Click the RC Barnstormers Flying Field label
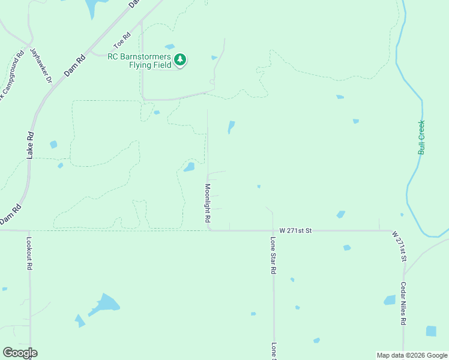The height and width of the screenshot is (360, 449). point(139,61)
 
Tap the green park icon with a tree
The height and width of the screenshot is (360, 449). point(180,59)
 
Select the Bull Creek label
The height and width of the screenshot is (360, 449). point(421,137)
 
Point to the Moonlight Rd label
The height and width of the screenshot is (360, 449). point(206,201)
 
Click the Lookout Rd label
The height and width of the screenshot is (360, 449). point(29,253)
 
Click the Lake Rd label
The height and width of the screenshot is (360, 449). point(30,145)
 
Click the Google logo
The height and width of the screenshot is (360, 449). point(20,352)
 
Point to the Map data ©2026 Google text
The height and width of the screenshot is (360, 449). point(411,355)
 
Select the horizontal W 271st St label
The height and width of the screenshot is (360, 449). point(296,230)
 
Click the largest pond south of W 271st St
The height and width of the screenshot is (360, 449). point(105,303)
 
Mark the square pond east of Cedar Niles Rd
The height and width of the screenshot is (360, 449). point(431,331)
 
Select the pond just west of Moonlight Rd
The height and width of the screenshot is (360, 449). point(189,167)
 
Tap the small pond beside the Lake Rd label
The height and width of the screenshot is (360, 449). point(53,145)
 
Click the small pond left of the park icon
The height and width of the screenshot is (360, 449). point(170,46)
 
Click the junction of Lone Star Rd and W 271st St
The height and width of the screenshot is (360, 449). point(273,230)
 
